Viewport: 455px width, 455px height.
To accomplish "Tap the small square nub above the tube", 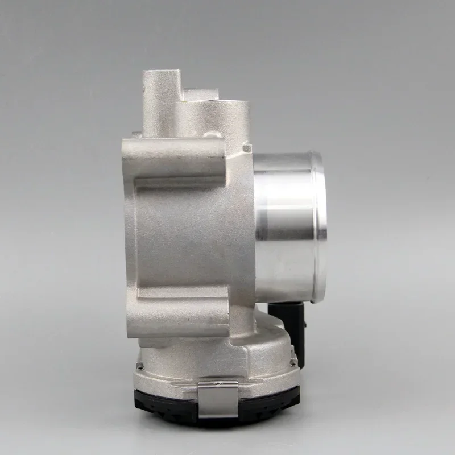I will (x=246, y=148).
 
